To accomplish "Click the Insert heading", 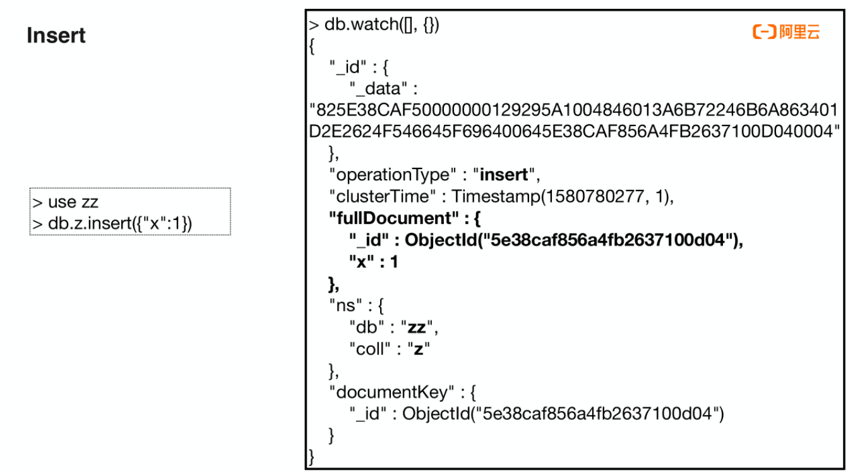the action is click(56, 36).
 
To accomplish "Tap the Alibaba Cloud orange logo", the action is click(786, 32).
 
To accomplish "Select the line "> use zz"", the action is click(66, 202).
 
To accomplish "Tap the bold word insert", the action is click(503, 175).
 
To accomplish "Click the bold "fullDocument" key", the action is click(390, 218).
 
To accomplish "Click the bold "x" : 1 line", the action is click(374, 262).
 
